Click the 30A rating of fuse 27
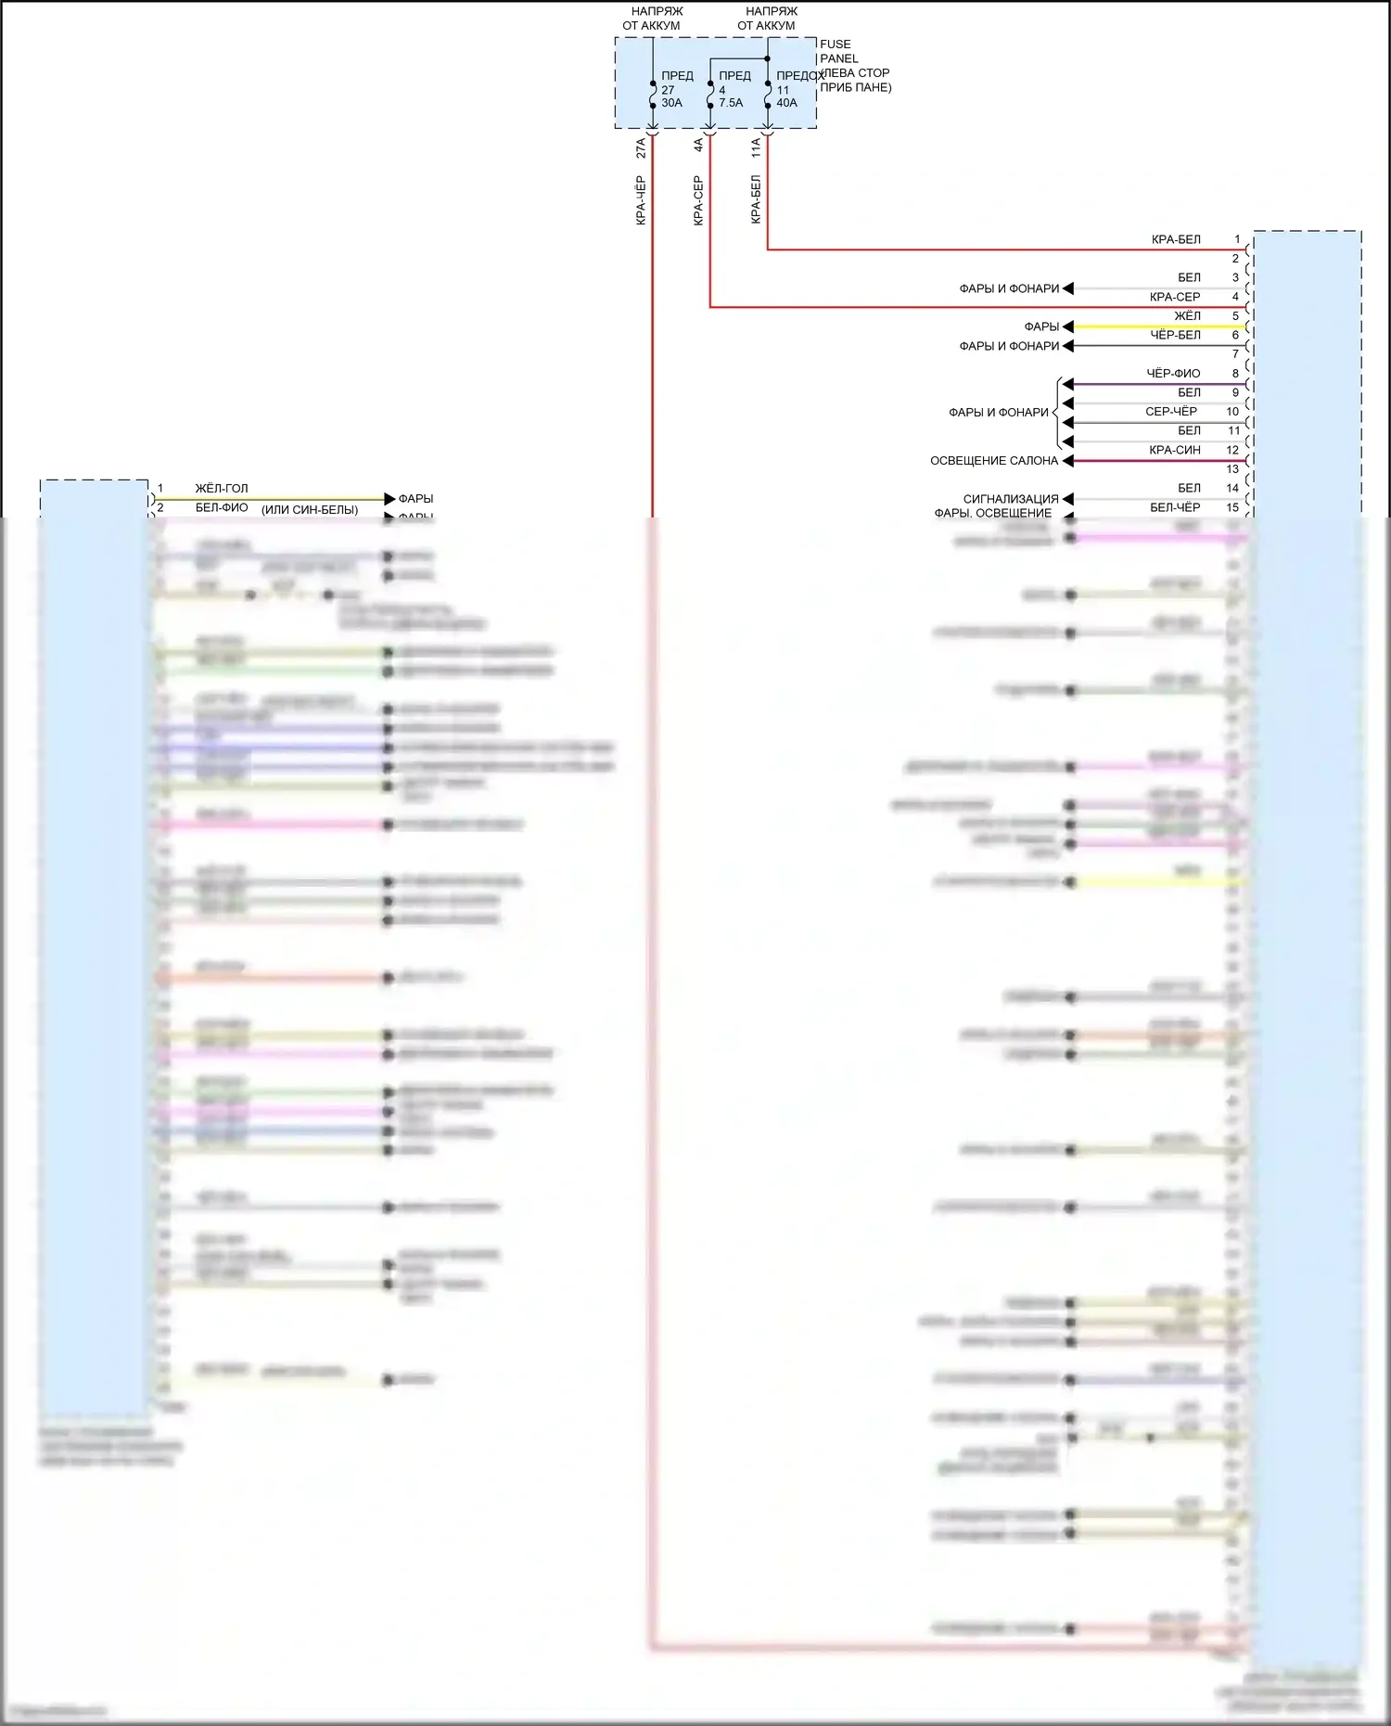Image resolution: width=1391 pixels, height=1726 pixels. point(671,103)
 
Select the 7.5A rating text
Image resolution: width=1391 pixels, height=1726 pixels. point(731,103)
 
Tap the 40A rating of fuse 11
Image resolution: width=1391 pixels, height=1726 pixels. point(786,103)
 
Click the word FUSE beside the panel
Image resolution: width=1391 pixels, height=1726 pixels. point(835,44)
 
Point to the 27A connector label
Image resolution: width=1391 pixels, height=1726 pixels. point(641,147)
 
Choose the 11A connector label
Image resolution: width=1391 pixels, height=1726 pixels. point(756,147)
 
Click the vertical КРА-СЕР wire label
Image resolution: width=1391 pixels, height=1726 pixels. point(698,200)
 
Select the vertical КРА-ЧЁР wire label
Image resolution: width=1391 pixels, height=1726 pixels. point(641,200)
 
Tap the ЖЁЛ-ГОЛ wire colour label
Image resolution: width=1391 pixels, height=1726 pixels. point(222,488)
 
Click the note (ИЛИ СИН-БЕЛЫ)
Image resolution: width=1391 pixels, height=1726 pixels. point(310,509)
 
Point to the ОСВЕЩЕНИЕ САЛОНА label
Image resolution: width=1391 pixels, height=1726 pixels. point(994,460)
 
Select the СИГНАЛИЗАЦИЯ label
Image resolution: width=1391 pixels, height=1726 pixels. point(1011,499)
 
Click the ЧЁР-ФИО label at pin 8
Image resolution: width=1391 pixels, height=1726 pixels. point(1173,373)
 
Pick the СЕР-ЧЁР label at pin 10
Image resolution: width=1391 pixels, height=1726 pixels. point(1171,411)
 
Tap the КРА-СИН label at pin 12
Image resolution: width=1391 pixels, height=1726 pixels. point(1174,450)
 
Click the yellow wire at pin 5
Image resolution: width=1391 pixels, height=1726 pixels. point(1159,326)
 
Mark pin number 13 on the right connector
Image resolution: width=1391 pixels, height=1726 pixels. point(1232,469)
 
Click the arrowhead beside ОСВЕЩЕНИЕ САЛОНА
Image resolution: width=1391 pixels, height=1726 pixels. point(1067,460)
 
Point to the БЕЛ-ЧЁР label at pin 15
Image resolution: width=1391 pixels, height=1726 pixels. point(1175,507)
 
